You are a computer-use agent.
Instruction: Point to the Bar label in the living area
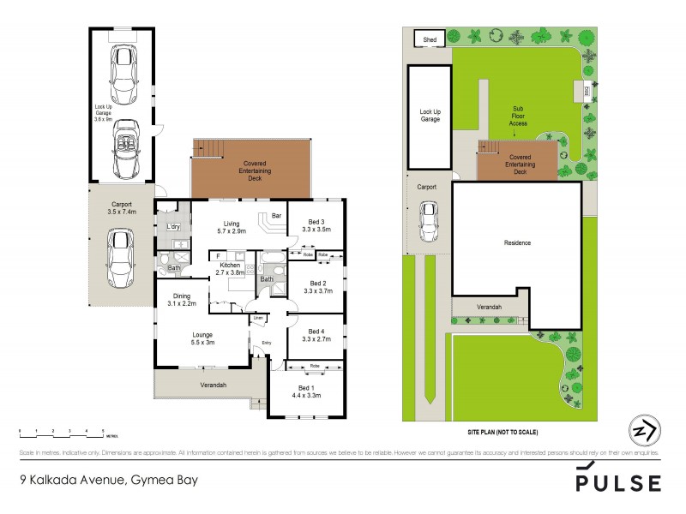276,216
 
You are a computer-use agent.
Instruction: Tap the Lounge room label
202,334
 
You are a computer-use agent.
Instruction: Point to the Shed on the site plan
426,39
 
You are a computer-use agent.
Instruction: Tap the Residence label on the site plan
517,242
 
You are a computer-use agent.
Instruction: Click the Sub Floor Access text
519,116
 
